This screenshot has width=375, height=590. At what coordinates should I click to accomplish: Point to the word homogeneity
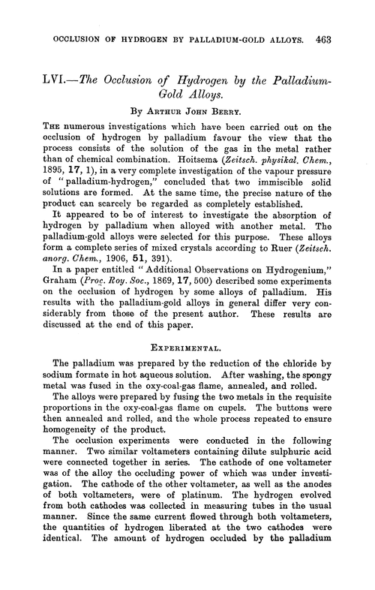point(77,441)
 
